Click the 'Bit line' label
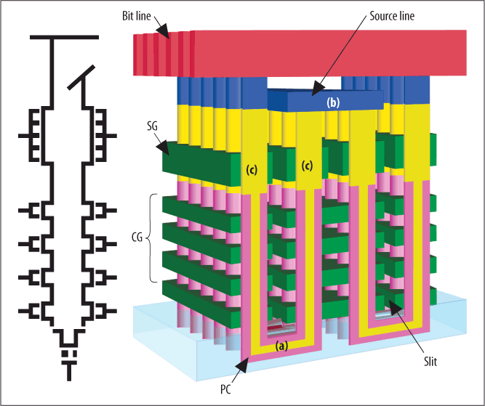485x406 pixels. [x=137, y=16]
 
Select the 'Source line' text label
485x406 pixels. [x=392, y=16]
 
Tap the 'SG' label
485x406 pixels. [x=152, y=126]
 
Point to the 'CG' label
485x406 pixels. [x=137, y=237]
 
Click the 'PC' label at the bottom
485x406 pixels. [x=225, y=389]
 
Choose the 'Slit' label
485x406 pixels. [x=430, y=361]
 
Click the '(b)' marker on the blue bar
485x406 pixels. [x=333, y=102]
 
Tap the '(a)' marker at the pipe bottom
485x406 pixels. [x=281, y=346]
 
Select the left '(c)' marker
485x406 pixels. [x=252, y=170]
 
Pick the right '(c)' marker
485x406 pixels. [x=307, y=166]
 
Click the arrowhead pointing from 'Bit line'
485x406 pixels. [x=164, y=31]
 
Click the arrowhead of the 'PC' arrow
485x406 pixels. [x=242, y=365]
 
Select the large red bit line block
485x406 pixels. [x=300, y=53]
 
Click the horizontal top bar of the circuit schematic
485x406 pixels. [x=64, y=37]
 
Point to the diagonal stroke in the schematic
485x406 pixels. [x=81, y=78]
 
